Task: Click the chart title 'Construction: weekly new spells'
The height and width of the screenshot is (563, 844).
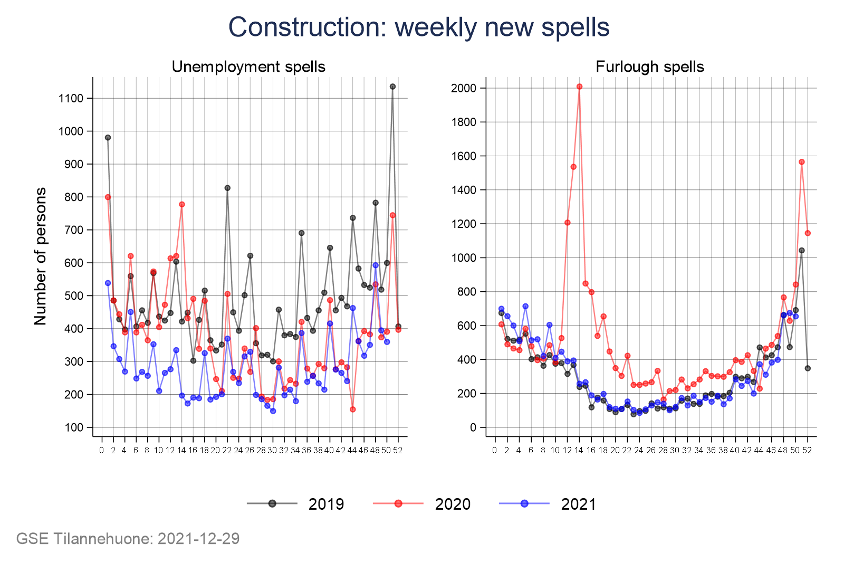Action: pyautogui.click(x=419, y=27)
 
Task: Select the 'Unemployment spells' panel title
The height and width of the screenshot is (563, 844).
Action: pyautogui.click(x=248, y=67)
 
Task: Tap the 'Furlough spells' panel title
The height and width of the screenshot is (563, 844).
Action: pyautogui.click(x=649, y=67)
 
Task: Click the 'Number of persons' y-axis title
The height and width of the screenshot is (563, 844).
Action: pyautogui.click(x=41, y=256)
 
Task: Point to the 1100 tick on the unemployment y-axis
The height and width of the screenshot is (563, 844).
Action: pyautogui.click(x=71, y=98)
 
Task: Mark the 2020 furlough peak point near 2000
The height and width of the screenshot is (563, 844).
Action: pyautogui.click(x=579, y=87)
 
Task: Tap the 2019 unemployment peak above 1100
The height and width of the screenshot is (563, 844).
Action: pyautogui.click(x=392, y=87)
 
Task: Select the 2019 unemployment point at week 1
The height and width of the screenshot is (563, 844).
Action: pyautogui.click(x=108, y=138)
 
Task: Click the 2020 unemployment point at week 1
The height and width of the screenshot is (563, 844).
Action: pyautogui.click(x=108, y=197)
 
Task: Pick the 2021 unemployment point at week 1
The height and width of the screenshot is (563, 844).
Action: pyautogui.click(x=108, y=283)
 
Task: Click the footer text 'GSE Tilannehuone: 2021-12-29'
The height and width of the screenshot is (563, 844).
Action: pyautogui.click(x=128, y=539)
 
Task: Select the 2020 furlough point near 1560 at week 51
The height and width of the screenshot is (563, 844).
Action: pyautogui.click(x=801, y=162)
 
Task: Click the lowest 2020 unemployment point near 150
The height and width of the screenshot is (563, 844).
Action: pyautogui.click(x=353, y=409)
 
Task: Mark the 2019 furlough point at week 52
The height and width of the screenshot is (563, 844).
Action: pyautogui.click(x=808, y=368)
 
